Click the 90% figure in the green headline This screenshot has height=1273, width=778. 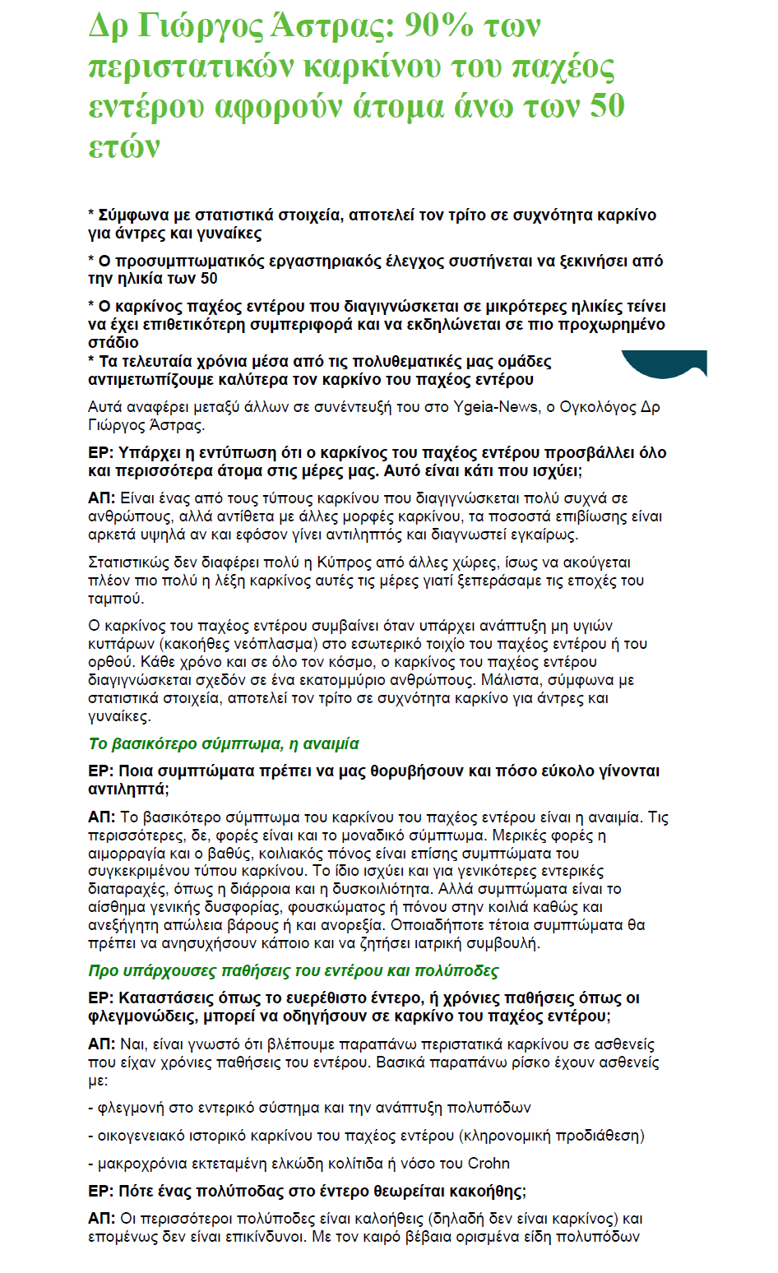(x=438, y=26)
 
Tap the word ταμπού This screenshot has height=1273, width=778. (x=116, y=599)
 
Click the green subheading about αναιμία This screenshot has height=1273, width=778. (x=224, y=743)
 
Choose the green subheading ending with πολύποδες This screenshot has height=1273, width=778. (x=294, y=970)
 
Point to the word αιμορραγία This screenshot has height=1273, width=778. (x=123, y=854)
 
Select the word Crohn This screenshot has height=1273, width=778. (x=489, y=1163)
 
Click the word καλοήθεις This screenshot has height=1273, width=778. (x=380, y=1218)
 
